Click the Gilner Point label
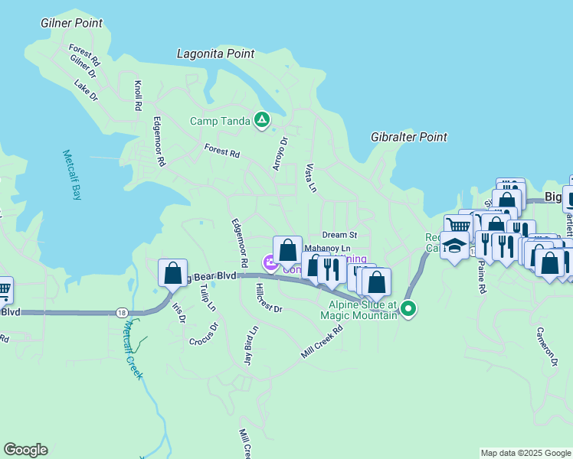[71, 23]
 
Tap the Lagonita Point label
[215, 54]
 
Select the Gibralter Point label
[408, 137]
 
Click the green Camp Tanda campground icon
[262, 120]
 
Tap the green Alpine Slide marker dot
[409, 309]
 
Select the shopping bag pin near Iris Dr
[172, 272]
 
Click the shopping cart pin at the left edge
[3, 289]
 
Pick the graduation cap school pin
[455, 246]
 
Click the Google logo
[25, 450]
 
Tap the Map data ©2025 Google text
[526, 453]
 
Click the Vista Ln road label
[310, 177]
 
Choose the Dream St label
[340, 235]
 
